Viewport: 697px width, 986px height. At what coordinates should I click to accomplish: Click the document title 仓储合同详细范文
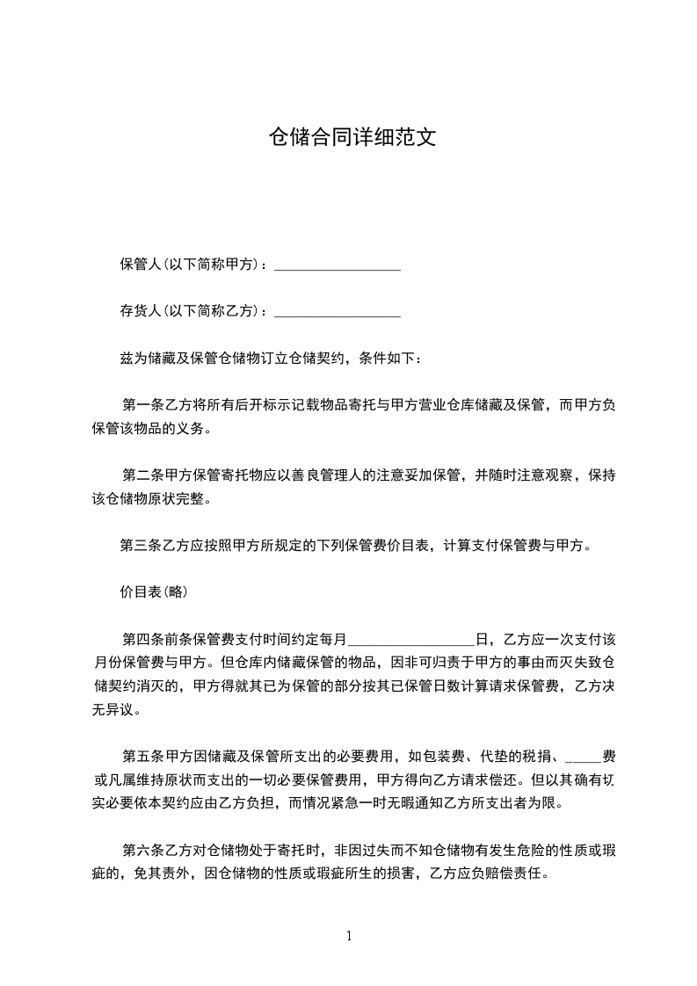click(x=352, y=137)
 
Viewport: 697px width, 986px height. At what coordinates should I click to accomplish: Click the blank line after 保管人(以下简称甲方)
click(x=338, y=265)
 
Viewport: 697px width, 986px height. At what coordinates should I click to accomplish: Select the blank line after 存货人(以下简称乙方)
click(x=338, y=312)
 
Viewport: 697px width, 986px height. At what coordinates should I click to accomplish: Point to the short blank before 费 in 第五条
click(x=582, y=757)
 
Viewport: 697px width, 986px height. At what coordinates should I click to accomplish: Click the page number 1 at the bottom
click(x=349, y=936)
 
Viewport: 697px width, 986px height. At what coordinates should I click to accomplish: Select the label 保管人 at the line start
click(x=138, y=265)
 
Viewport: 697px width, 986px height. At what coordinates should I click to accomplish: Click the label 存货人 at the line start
click(x=138, y=311)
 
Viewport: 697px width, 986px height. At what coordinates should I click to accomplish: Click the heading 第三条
click(x=138, y=546)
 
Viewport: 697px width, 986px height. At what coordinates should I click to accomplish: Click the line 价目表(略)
click(x=153, y=592)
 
